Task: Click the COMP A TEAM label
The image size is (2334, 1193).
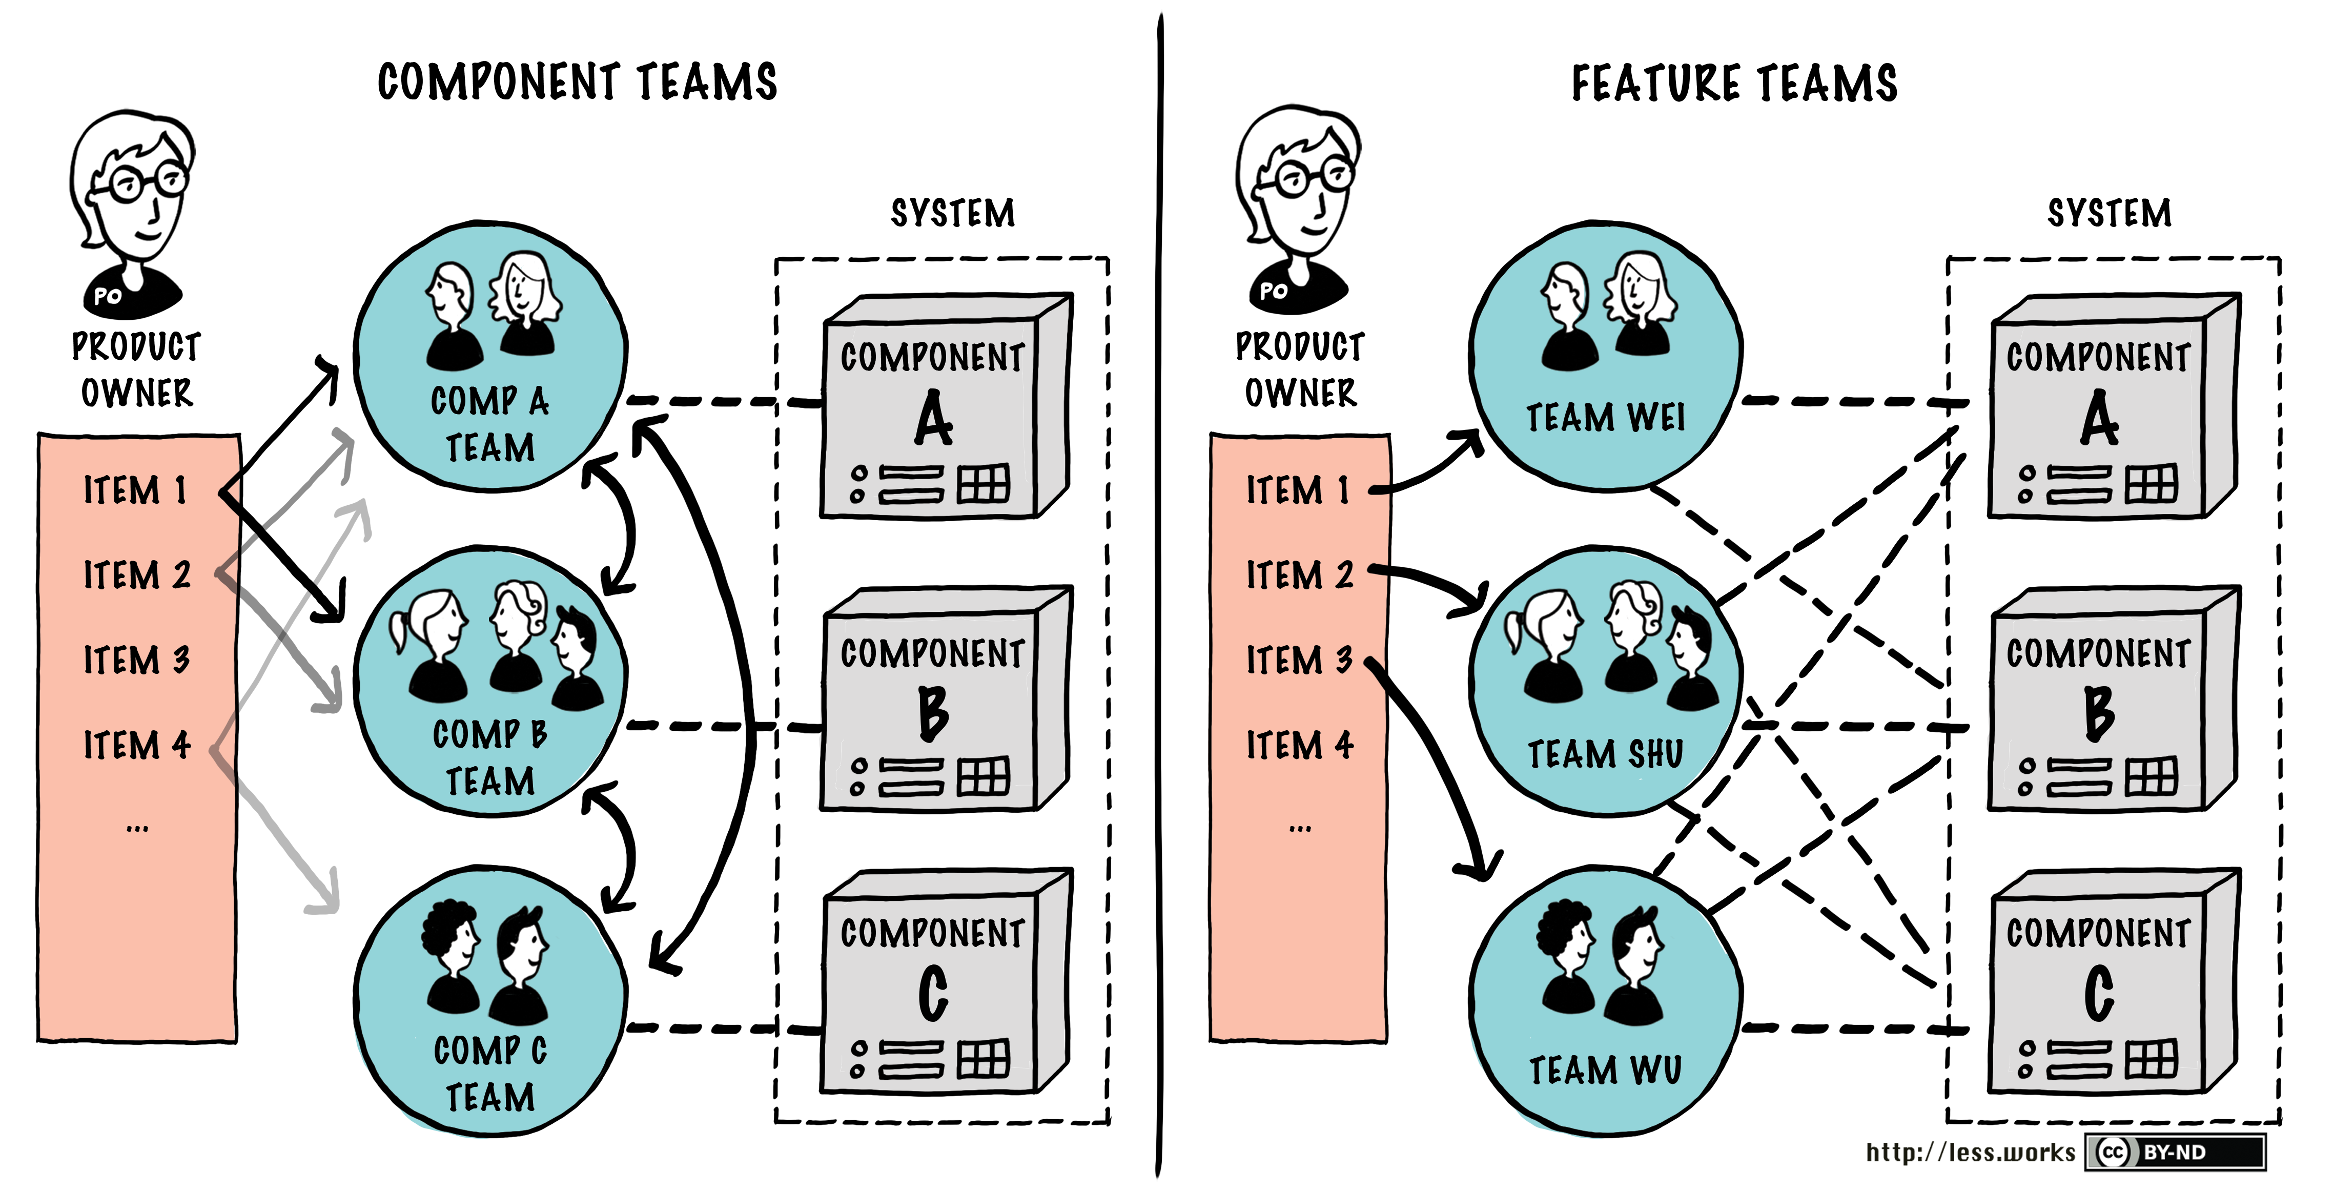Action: click(x=490, y=424)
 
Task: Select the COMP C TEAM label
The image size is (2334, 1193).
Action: click(x=490, y=1074)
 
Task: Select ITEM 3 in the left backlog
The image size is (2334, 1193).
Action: click(x=136, y=660)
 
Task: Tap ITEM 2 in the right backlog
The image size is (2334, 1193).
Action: click(x=1299, y=575)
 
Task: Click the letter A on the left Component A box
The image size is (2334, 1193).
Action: click(x=933, y=419)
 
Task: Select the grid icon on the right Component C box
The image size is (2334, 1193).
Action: click(x=2151, y=1059)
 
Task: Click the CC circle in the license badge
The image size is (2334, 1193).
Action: click(x=2112, y=1152)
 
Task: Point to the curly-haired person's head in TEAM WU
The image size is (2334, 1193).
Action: click(x=1564, y=933)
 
